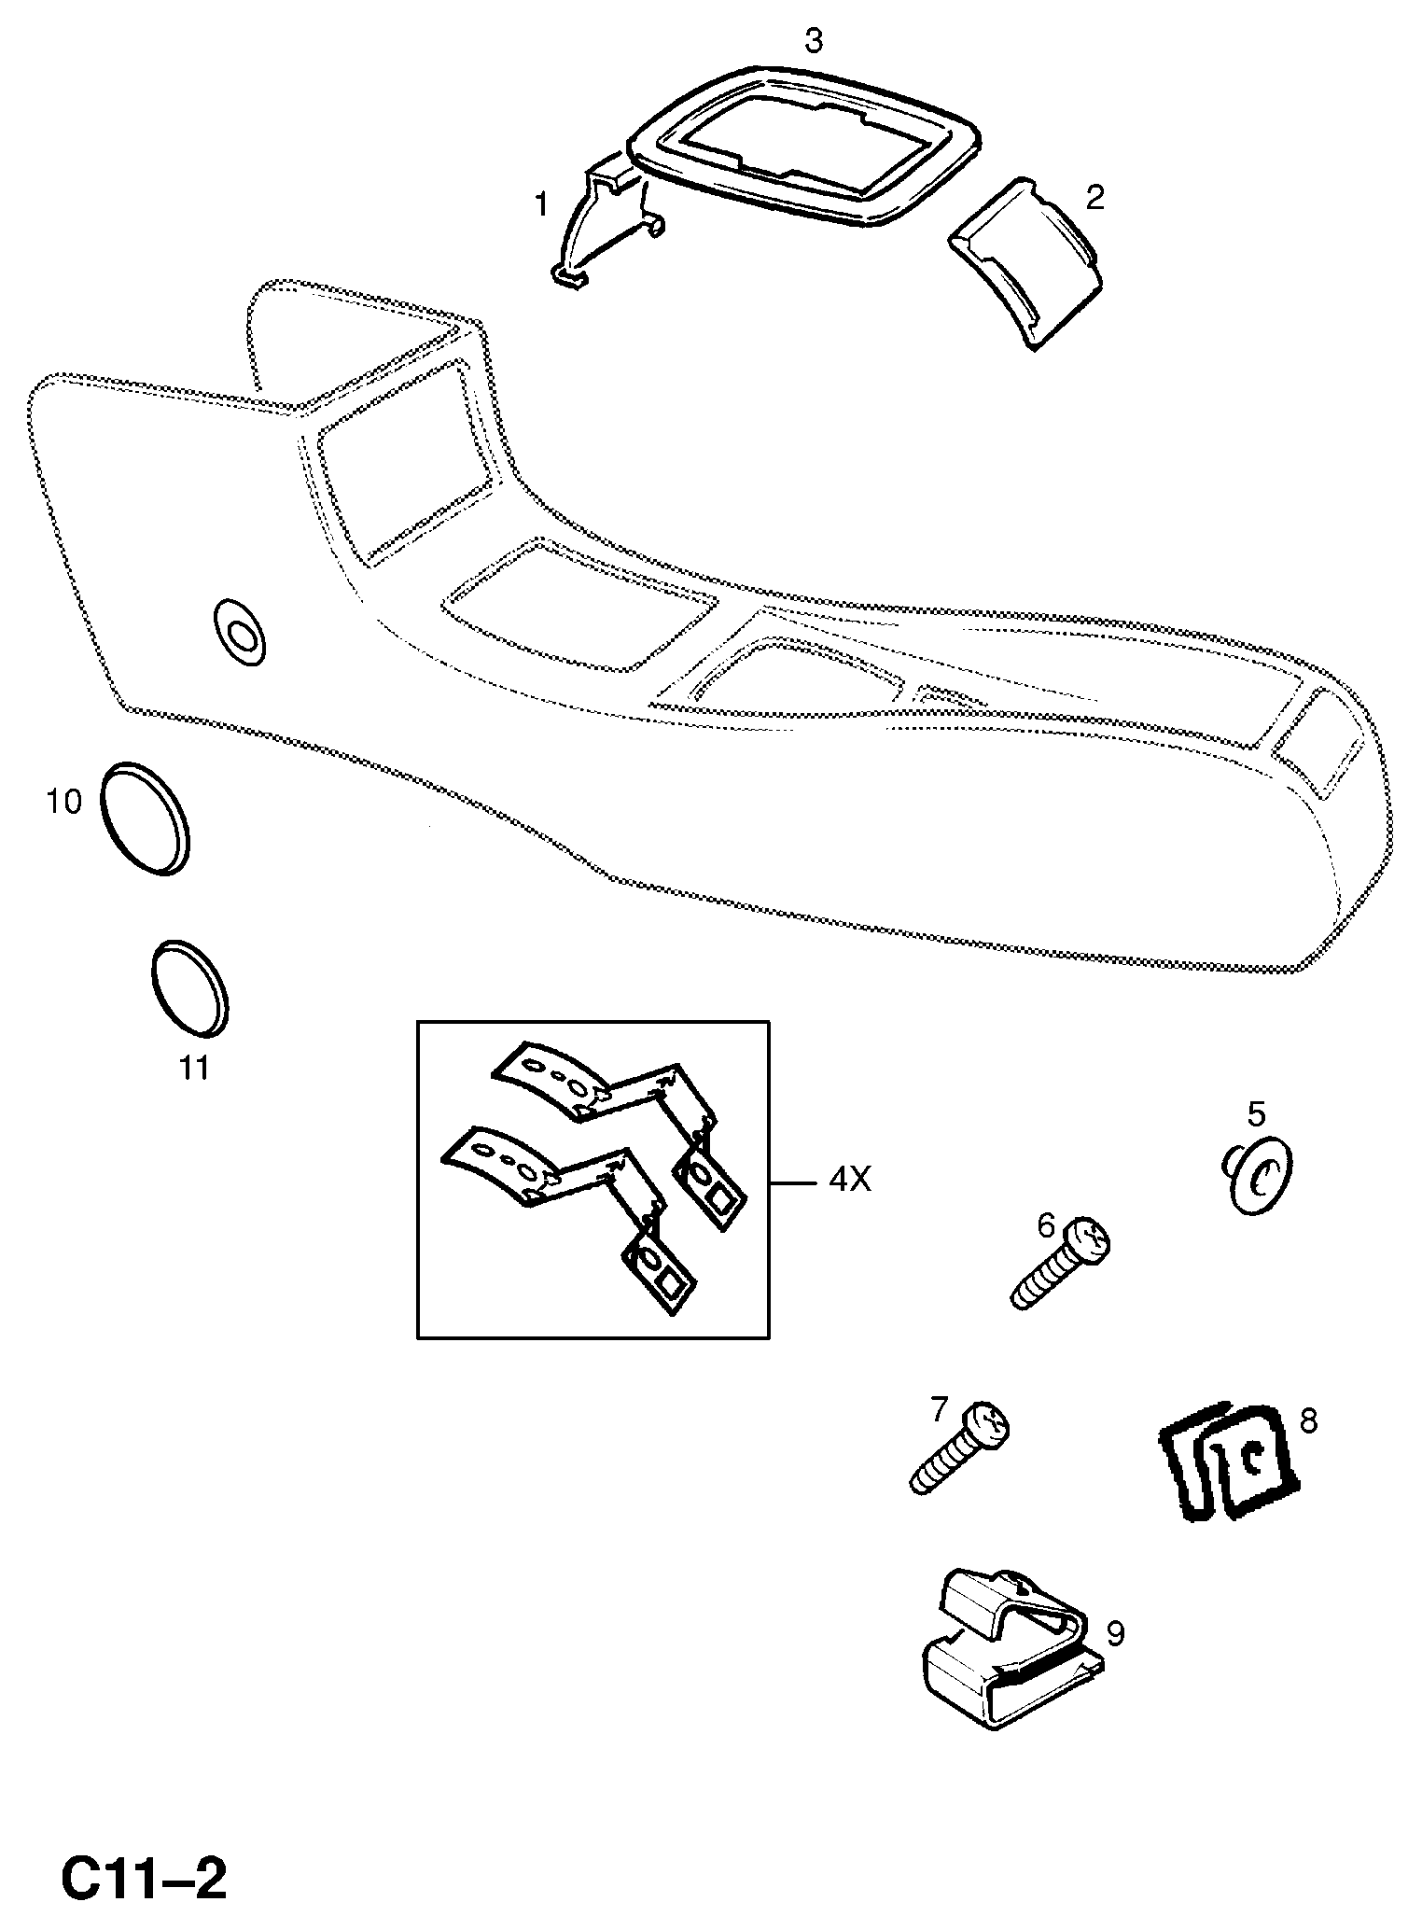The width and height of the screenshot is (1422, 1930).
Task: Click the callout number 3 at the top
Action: [814, 42]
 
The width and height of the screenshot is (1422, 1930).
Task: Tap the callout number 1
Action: [542, 204]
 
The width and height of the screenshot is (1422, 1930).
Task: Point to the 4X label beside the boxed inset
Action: [849, 1181]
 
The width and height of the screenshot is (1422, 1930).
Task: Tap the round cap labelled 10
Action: [144, 819]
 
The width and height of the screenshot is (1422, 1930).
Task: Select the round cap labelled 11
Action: [189, 986]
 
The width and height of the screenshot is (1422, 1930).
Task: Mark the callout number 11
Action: [194, 1068]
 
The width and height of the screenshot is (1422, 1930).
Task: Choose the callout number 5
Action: [1256, 1113]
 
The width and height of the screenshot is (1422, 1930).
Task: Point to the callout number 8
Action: [1308, 1420]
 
